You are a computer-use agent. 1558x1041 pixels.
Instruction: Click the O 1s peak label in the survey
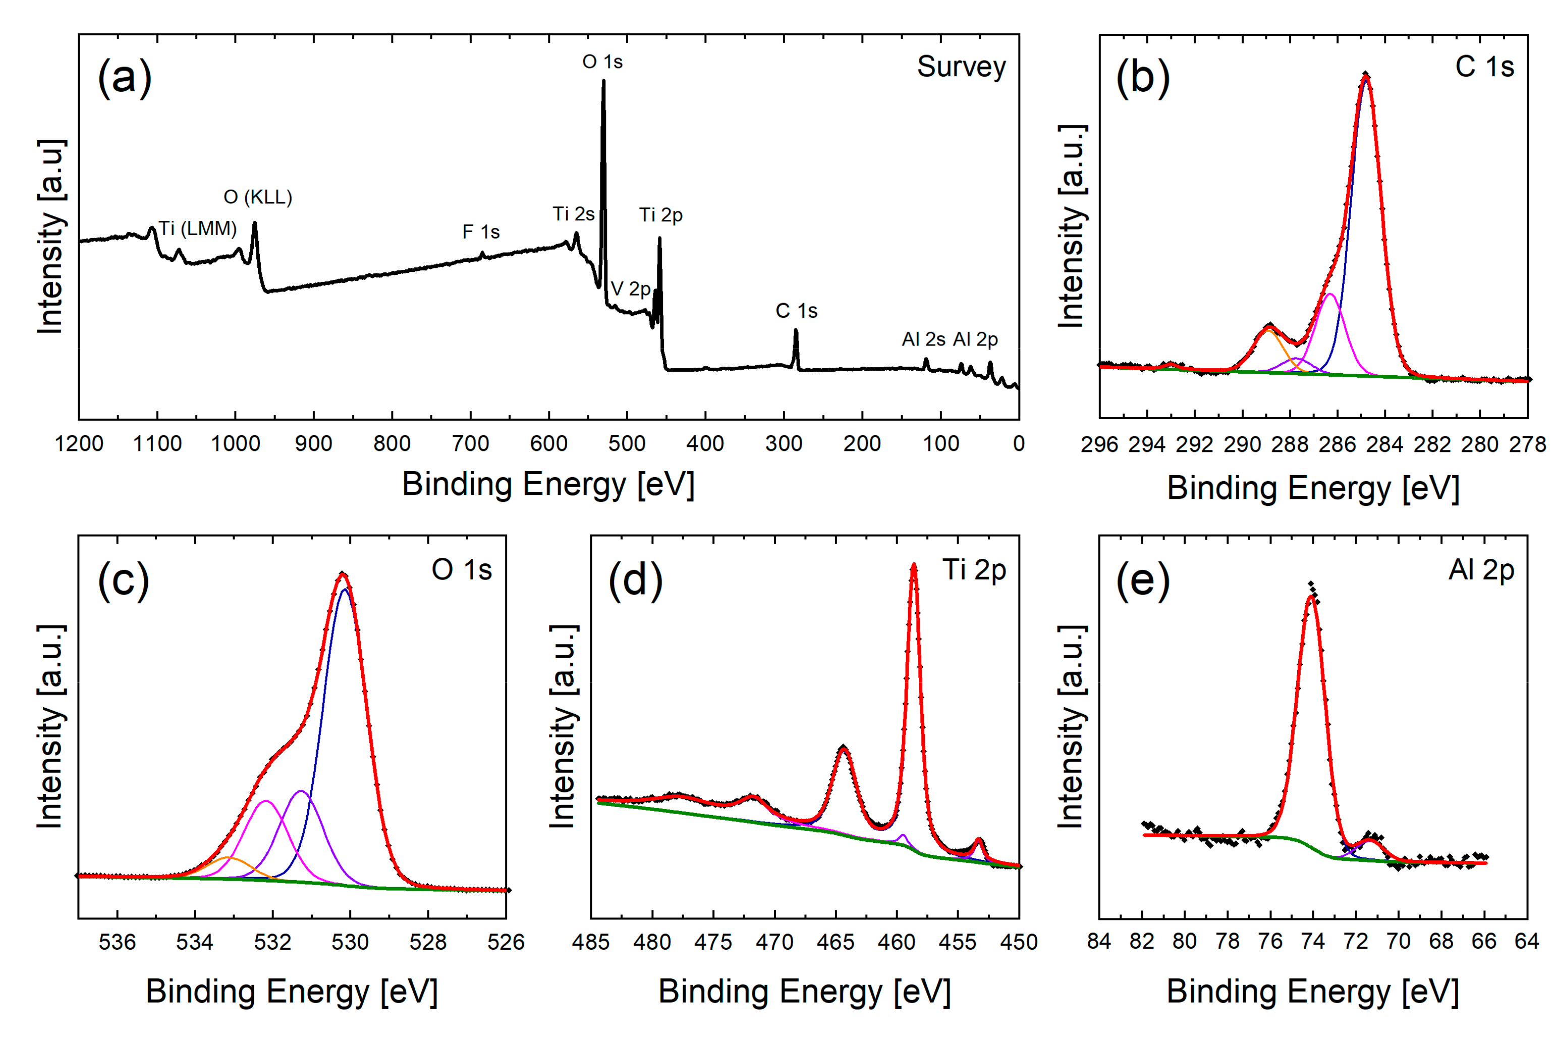pos(602,62)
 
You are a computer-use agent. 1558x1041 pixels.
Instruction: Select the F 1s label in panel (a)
pos(480,232)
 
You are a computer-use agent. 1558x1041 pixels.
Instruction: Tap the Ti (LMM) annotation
pos(197,228)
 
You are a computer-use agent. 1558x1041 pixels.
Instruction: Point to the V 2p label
pos(630,289)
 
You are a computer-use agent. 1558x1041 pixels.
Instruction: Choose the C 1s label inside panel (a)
pos(796,311)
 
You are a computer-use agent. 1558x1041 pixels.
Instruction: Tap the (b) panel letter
pos(1142,78)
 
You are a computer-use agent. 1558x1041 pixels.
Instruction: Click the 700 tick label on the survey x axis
pos(470,443)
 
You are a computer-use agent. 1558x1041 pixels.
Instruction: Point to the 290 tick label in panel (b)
pos(1241,444)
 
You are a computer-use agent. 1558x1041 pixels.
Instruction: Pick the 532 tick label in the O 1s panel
pos(272,942)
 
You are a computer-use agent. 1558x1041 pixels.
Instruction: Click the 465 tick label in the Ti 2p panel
pos(836,942)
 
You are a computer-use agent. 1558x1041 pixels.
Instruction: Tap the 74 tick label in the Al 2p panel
pos(1312,942)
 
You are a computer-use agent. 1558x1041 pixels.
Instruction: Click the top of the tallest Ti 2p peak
pos(914,566)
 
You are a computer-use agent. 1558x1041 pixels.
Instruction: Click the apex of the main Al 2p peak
pos(1311,596)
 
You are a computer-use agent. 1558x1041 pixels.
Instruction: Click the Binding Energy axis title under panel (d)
pos(804,992)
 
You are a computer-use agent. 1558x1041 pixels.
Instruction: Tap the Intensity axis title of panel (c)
pos(50,726)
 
